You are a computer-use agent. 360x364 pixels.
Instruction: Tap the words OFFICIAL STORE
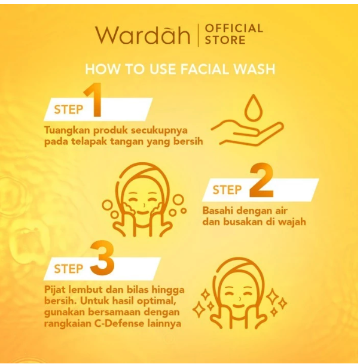(233, 35)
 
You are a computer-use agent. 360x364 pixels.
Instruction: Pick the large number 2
(261, 182)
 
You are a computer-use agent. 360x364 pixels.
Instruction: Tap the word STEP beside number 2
(227, 190)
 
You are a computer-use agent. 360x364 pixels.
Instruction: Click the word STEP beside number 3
(68, 269)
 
